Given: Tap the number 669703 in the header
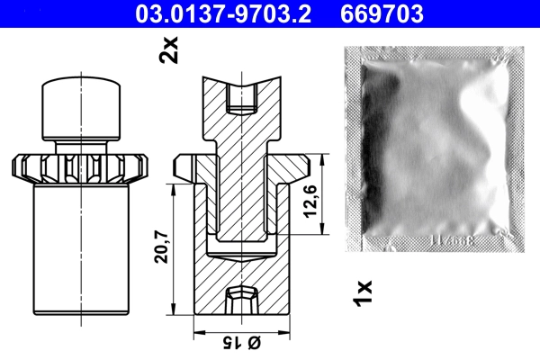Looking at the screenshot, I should pyautogui.click(x=382, y=13).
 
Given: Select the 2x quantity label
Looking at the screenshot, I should pyautogui.click(x=168, y=49).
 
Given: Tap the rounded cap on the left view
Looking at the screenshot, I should pyautogui.click(x=83, y=109).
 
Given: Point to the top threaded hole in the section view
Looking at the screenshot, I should pyautogui.click(x=240, y=96).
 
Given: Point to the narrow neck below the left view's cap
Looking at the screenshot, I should pyautogui.click(x=83, y=144).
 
